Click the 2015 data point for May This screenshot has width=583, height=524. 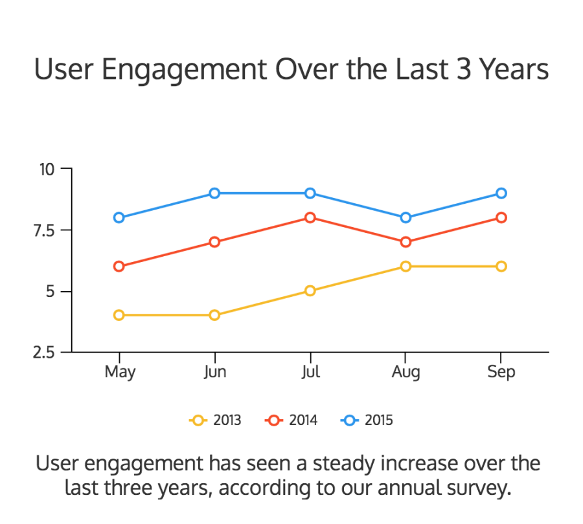click(119, 217)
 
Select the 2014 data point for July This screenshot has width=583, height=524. click(310, 217)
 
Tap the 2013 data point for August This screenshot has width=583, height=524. click(406, 267)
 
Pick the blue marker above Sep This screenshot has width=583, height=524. click(501, 193)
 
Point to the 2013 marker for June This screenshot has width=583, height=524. click(214, 315)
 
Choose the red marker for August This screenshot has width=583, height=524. click(406, 242)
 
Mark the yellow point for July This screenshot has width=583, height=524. click(310, 290)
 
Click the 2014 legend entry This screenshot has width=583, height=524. click(291, 420)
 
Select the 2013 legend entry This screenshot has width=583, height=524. click(216, 420)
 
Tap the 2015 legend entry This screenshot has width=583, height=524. click(367, 420)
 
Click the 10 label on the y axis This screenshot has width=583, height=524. click(48, 169)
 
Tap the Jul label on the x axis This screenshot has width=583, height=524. click(310, 373)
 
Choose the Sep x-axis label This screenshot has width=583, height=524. click(501, 373)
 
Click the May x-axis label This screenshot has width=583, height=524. click(119, 373)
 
